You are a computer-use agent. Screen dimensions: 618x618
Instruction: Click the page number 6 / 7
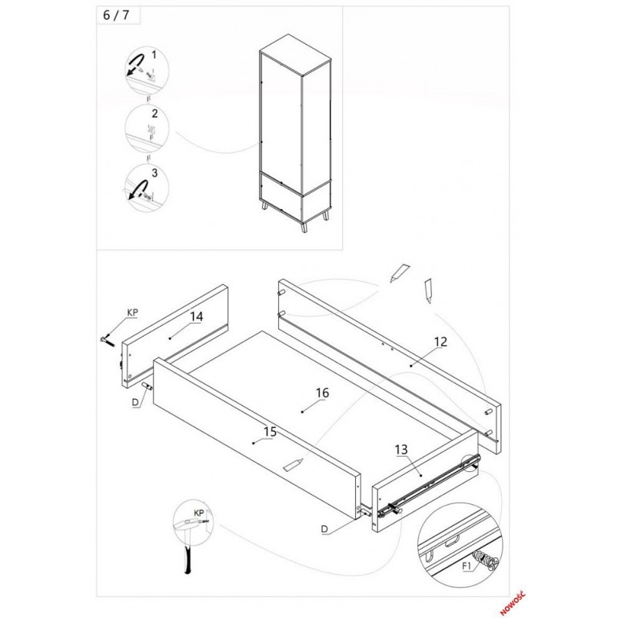(116, 15)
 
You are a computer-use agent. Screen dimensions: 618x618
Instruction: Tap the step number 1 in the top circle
(154, 55)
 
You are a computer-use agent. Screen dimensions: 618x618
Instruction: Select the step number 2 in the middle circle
(154, 114)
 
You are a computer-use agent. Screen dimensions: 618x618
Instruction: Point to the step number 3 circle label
(154, 173)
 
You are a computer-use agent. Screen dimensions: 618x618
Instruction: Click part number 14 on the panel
(196, 317)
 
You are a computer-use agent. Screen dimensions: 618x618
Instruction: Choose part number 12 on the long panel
(440, 342)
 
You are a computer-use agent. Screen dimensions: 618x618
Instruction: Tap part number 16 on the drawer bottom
(322, 393)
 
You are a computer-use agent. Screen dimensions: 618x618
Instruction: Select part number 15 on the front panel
(270, 431)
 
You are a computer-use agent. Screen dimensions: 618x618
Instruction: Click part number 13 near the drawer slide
(401, 450)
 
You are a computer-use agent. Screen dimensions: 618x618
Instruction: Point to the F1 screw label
(467, 566)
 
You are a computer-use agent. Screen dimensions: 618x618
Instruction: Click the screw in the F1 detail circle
(487, 561)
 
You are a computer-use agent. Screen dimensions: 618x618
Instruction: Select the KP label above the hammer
(199, 513)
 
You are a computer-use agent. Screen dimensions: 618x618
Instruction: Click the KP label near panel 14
(132, 313)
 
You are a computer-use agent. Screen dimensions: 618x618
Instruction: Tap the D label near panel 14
(135, 403)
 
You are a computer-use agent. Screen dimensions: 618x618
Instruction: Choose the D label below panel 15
(324, 529)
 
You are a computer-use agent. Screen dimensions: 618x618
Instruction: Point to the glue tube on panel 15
(294, 464)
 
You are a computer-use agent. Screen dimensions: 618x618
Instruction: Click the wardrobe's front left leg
(265, 206)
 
